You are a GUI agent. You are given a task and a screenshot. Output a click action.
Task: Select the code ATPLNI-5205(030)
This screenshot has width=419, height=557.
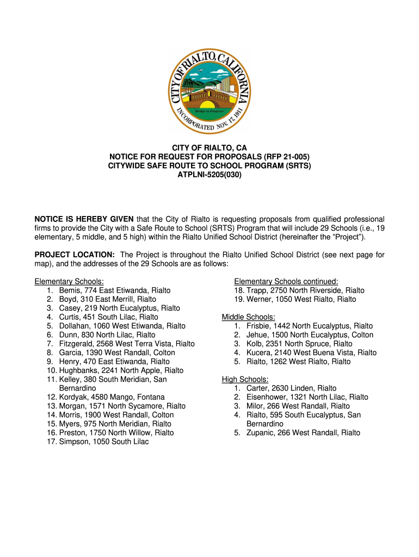209,175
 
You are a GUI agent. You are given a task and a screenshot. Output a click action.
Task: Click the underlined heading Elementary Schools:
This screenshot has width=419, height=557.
69,281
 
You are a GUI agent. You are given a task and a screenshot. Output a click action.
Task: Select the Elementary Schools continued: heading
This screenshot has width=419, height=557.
286,281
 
